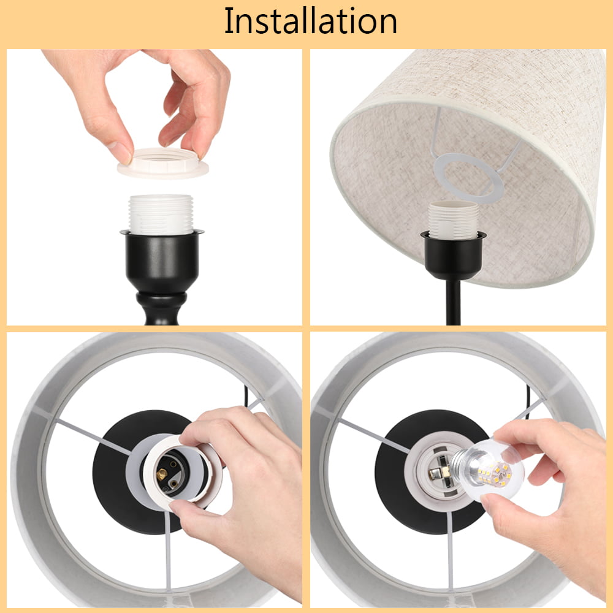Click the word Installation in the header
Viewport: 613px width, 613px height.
click(x=311, y=21)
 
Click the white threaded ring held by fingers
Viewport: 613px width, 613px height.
click(x=163, y=163)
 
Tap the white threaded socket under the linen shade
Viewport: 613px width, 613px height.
click(x=454, y=220)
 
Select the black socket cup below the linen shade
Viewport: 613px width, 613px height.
click(x=454, y=256)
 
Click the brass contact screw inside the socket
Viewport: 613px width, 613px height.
click(x=161, y=474)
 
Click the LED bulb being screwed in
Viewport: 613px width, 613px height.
click(x=487, y=469)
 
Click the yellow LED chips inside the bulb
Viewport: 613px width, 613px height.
click(x=495, y=474)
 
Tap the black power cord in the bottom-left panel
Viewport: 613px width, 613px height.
click(x=246, y=395)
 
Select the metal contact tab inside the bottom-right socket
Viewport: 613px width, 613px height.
click(x=435, y=473)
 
